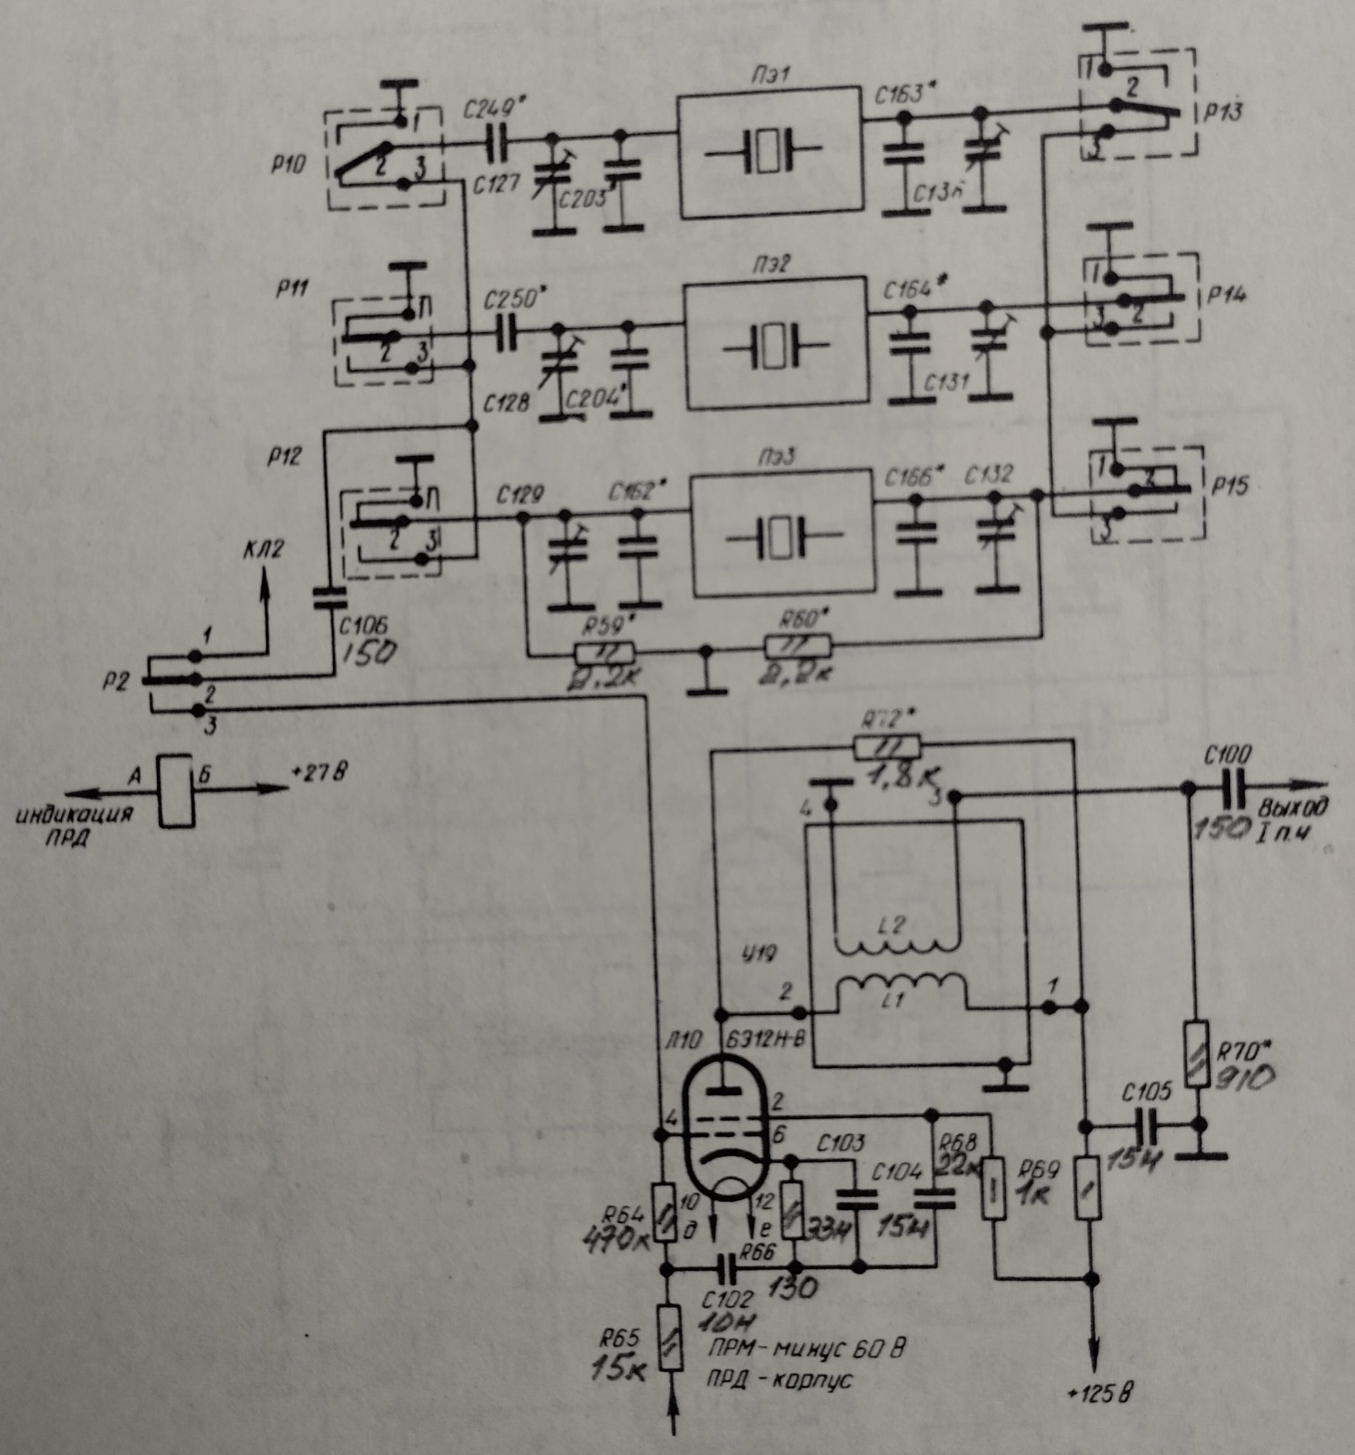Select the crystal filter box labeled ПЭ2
tap(775, 343)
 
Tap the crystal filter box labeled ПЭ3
tap(783, 536)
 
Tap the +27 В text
tap(319, 772)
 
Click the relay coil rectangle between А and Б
tap(175, 792)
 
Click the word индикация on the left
tap(76, 814)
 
